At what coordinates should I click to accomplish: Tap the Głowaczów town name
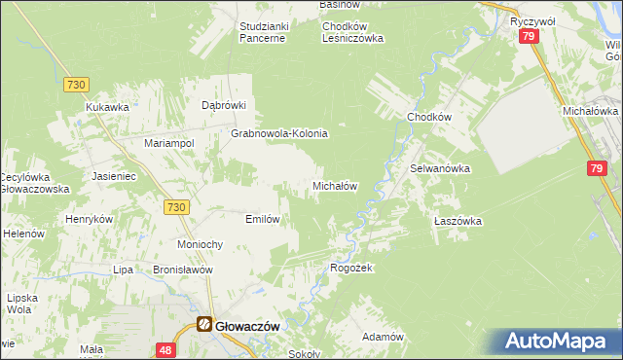(x=247, y=327)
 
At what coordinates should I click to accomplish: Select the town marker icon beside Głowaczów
(x=204, y=325)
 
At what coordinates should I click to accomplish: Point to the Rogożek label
(x=351, y=268)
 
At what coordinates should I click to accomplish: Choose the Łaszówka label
(x=458, y=221)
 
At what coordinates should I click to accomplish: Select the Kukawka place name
(x=107, y=107)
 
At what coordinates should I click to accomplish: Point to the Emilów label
(x=263, y=219)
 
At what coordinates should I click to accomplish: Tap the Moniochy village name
(x=202, y=243)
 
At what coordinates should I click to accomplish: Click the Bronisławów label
(x=182, y=270)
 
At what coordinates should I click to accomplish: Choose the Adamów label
(x=383, y=337)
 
